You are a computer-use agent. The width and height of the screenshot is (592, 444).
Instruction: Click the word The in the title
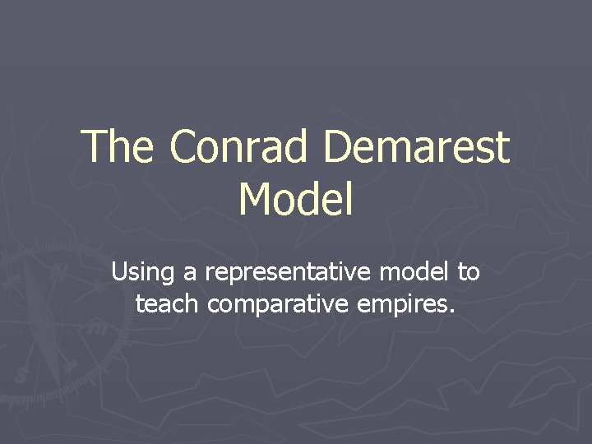pyautogui.click(x=118, y=146)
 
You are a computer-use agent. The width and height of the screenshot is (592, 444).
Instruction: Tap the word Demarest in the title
pyautogui.click(x=417, y=146)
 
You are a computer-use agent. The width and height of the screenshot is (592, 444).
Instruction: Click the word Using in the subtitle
pyautogui.click(x=136, y=271)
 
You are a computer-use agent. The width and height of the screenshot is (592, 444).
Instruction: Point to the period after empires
pyautogui.click(x=451, y=312)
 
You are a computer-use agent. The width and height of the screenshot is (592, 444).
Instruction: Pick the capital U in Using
pyautogui.click(x=119, y=271)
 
